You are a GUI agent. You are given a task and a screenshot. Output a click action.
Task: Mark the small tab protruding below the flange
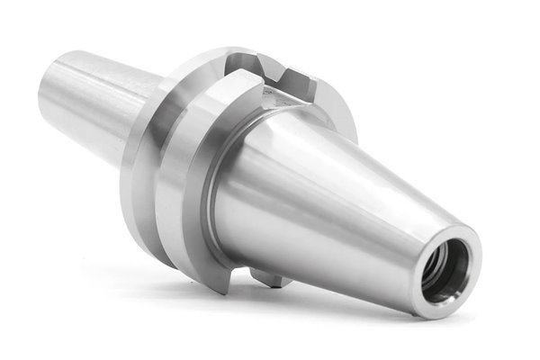tap(270, 277)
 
